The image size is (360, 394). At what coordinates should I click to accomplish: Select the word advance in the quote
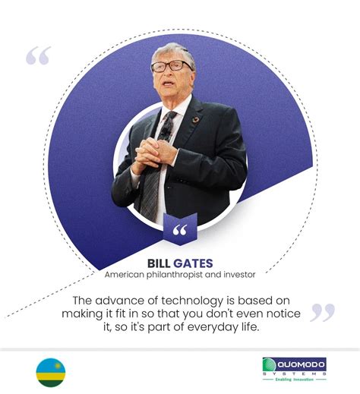[x=125, y=301]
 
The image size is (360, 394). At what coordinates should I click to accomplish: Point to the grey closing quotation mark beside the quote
[x=323, y=311]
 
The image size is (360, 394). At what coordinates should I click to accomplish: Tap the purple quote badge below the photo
[x=180, y=231]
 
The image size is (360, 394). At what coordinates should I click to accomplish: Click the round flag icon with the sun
[x=51, y=373]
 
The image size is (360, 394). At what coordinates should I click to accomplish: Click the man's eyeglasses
[x=172, y=66]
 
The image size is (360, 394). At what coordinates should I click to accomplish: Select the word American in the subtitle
[x=126, y=274]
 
